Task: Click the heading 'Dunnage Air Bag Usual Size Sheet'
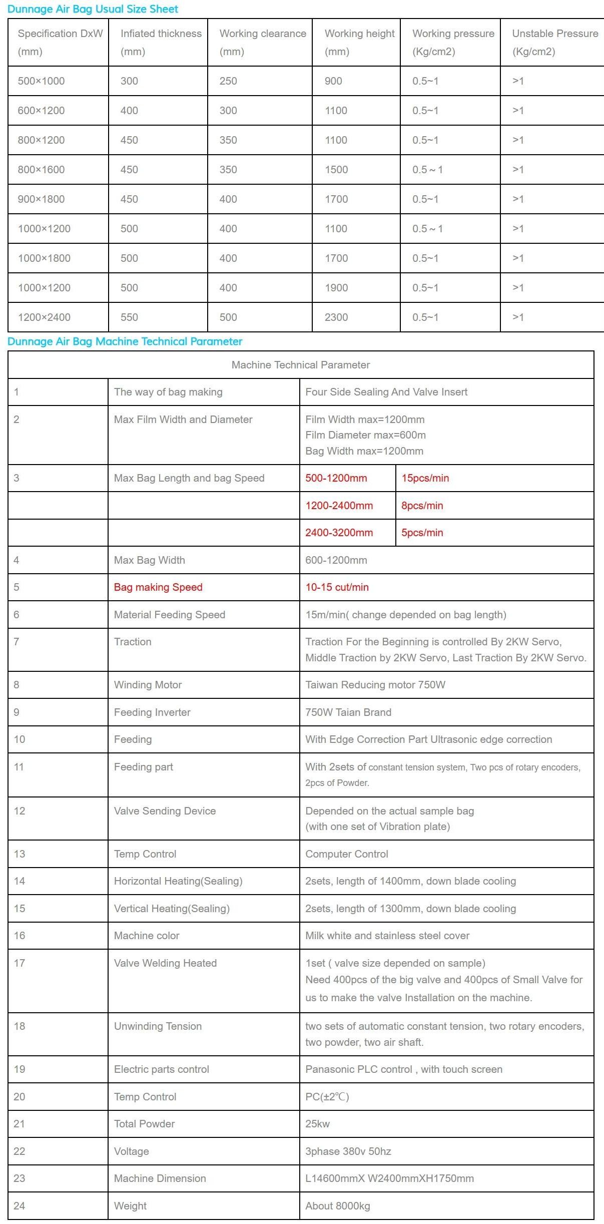(x=93, y=9)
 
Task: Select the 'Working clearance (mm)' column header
(x=262, y=42)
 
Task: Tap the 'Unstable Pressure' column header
(x=554, y=42)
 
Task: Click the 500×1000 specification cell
(x=41, y=81)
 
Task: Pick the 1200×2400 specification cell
(x=44, y=317)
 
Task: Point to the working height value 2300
(x=336, y=317)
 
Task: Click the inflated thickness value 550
(x=129, y=317)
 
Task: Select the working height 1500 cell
(x=336, y=170)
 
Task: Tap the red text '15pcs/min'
(x=425, y=478)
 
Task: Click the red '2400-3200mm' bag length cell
(x=339, y=533)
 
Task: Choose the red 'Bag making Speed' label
(x=158, y=587)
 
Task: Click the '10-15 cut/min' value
(x=337, y=587)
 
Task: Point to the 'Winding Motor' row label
(x=148, y=685)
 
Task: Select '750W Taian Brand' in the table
(x=348, y=712)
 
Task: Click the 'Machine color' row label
(x=147, y=936)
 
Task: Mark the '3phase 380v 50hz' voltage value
(x=348, y=1151)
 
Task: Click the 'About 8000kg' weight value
(x=338, y=1206)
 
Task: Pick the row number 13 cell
(x=20, y=854)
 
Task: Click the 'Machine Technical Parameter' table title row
(x=301, y=365)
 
